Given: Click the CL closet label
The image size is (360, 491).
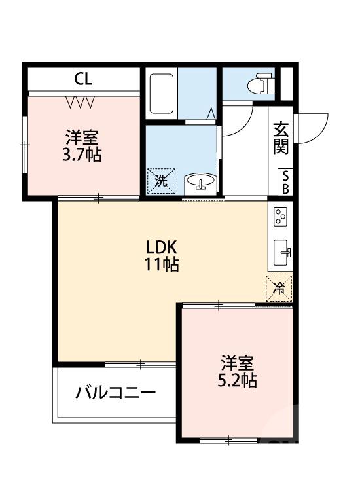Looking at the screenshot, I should (x=83, y=80).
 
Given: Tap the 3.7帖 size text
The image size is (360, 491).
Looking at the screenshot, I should (x=82, y=156).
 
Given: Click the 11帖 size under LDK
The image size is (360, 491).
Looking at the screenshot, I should (x=162, y=264).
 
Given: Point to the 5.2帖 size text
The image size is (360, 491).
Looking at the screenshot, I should (x=237, y=380).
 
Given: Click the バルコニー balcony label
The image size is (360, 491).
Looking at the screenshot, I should (x=115, y=393).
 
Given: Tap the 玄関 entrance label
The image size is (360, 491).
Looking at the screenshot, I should (x=281, y=137).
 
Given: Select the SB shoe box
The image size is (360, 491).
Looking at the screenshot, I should (x=285, y=181).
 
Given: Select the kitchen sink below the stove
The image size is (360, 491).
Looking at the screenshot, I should (x=282, y=251).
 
